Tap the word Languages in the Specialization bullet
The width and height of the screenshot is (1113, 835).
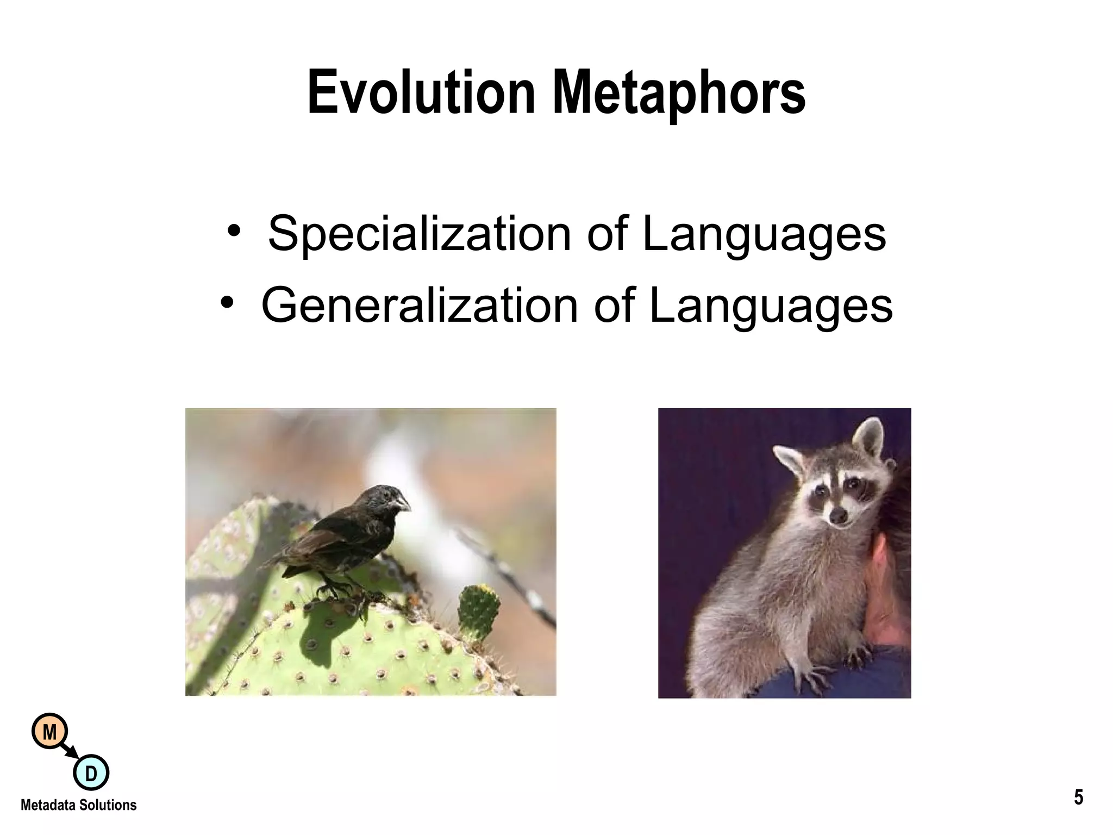pos(764,234)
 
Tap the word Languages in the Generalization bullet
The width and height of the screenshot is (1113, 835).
pos(771,306)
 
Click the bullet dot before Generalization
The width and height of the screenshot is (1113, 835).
pos(227,302)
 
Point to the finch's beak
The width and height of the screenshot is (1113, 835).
pos(403,502)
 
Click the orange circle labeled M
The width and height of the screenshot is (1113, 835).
pos(49,732)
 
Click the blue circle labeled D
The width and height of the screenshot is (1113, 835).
pos(91,772)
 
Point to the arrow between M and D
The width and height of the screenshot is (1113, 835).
pos(70,752)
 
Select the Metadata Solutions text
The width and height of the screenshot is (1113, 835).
pos(79,805)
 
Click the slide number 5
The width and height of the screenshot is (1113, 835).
pos(1078,797)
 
